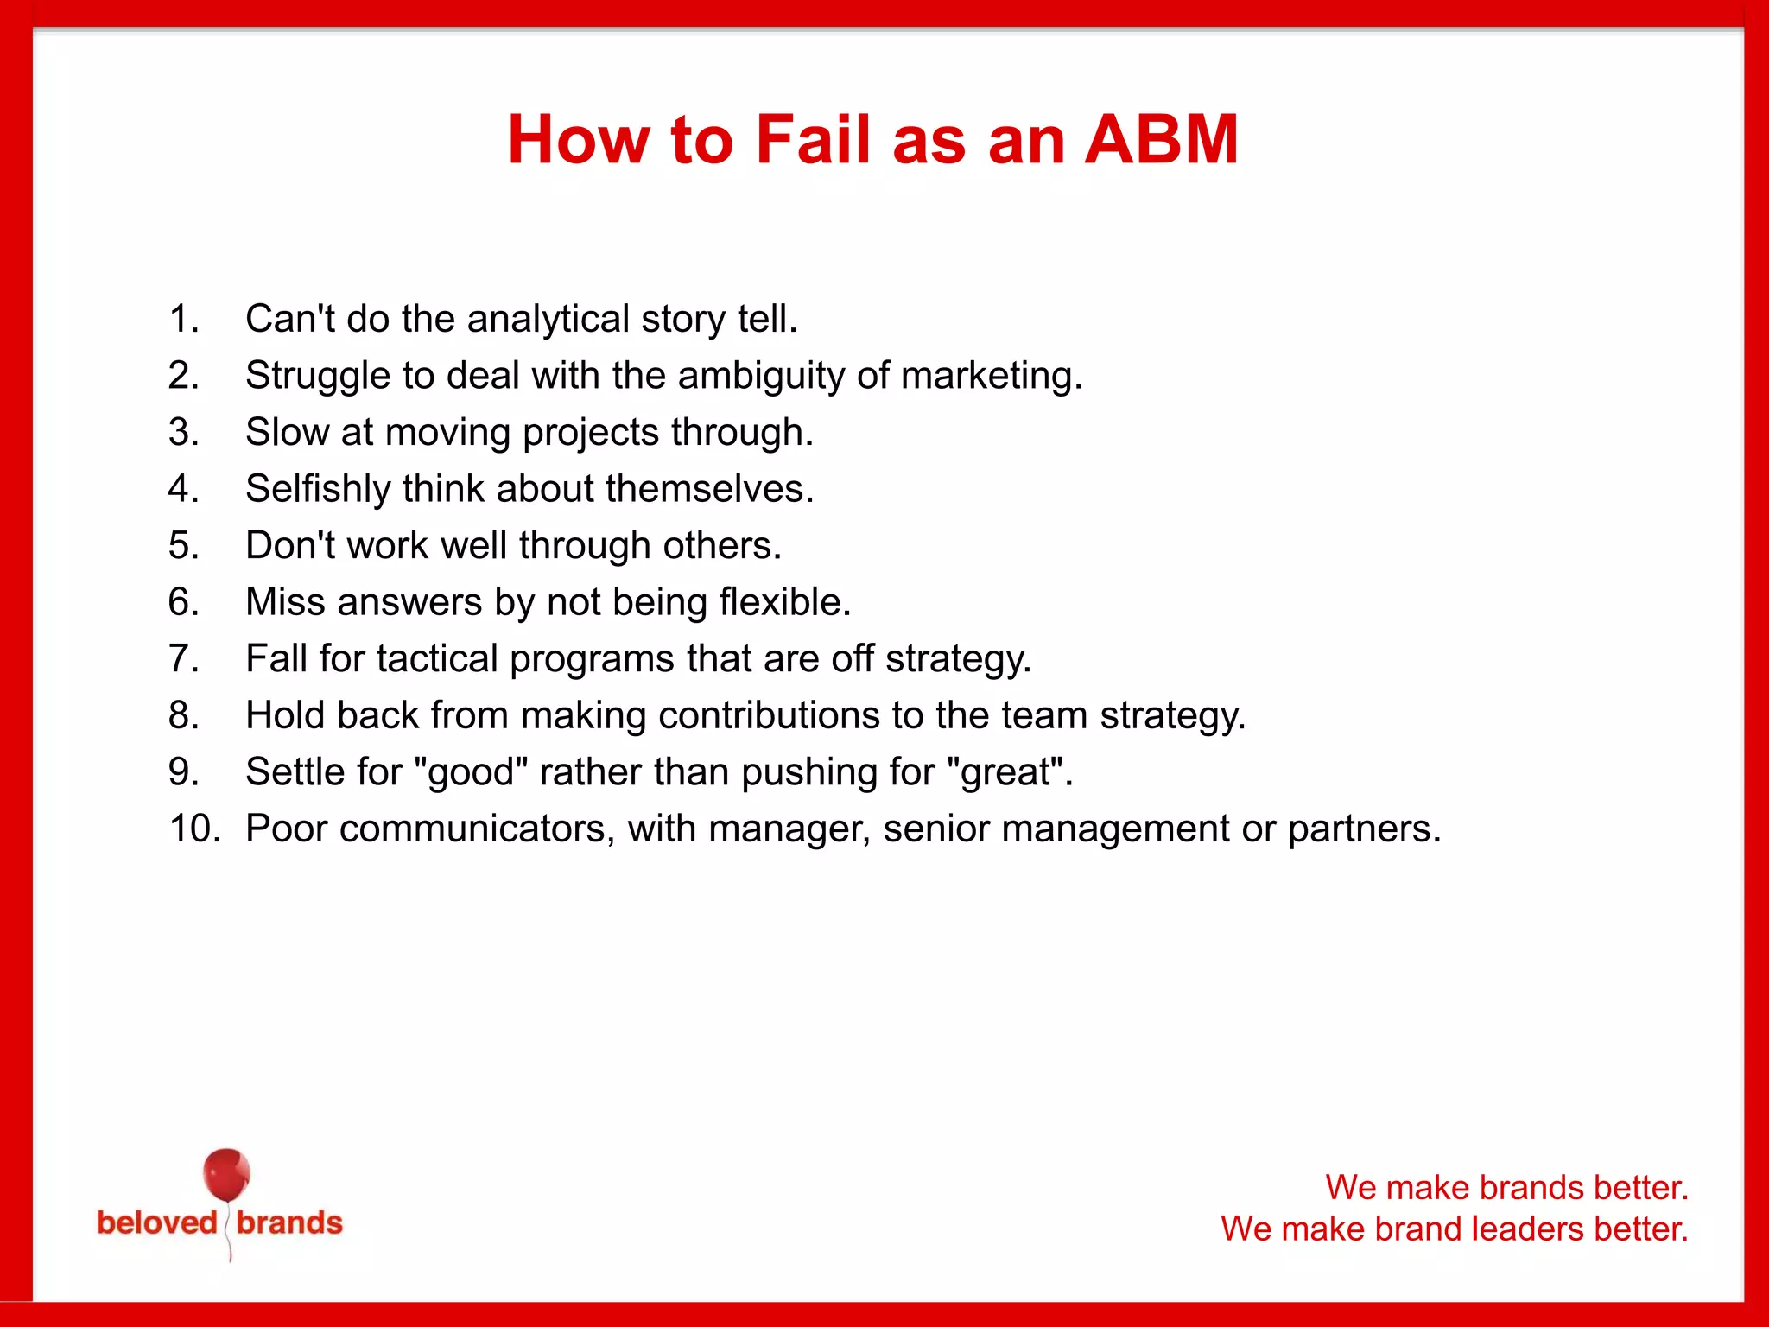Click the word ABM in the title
(1161, 140)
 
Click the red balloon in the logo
(226, 1174)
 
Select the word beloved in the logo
(157, 1222)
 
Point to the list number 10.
(194, 829)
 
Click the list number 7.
(183, 658)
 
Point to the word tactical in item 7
(437, 659)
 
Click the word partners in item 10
(1364, 829)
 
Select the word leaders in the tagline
(1528, 1229)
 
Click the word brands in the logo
(289, 1222)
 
